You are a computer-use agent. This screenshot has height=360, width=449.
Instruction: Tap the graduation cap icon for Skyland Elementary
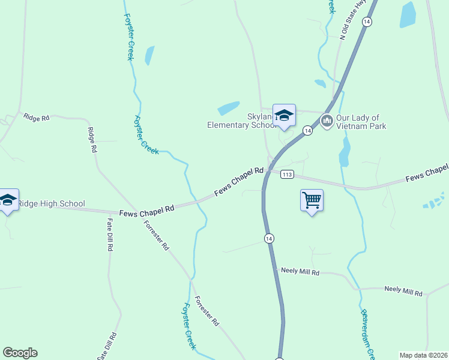284,116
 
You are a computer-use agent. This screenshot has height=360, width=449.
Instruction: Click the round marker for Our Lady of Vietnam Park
327,122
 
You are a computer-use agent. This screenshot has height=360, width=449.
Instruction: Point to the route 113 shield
286,174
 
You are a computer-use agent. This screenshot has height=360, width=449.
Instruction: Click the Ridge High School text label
51,203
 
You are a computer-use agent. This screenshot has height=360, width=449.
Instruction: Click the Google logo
20,353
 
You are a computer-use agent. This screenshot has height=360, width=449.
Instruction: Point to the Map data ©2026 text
423,355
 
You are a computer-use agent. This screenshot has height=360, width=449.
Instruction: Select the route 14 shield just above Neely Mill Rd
270,238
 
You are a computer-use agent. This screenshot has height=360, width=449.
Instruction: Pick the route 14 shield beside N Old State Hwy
367,21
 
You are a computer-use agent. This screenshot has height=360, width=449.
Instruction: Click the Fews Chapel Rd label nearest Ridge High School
146,211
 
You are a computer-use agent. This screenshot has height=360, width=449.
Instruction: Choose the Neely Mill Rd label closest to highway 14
300,272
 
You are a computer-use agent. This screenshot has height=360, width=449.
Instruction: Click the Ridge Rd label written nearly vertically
92,139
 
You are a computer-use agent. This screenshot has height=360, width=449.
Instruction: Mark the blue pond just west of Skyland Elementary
228,108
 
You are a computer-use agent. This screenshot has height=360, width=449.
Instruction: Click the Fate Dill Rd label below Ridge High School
110,234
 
